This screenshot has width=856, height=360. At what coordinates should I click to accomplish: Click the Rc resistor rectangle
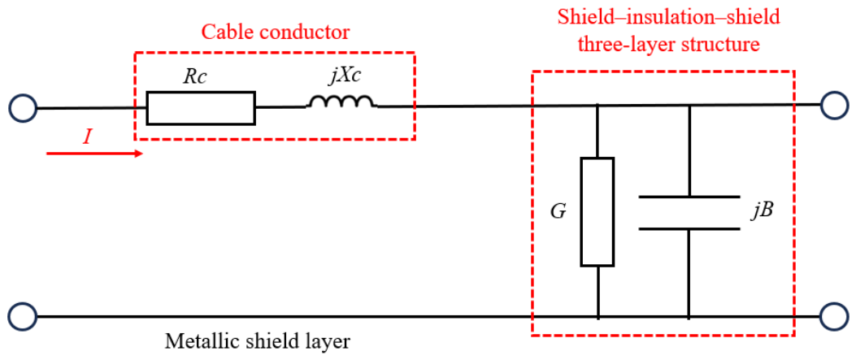point(201,108)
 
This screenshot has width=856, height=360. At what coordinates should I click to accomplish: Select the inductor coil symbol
point(341,102)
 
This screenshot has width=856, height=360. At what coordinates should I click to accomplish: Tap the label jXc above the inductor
point(345,77)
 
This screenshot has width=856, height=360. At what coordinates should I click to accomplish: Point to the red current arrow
point(94,154)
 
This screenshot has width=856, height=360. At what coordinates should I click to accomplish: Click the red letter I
point(86,137)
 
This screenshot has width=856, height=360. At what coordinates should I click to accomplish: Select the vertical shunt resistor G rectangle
point(597,211)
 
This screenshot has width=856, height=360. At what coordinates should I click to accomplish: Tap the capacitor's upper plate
point(689,197)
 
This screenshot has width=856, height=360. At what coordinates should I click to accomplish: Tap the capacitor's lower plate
point(689,228)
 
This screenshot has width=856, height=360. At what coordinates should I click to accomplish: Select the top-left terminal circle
point(23,107)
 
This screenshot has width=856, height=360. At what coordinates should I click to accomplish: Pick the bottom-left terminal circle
point(23,316)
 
